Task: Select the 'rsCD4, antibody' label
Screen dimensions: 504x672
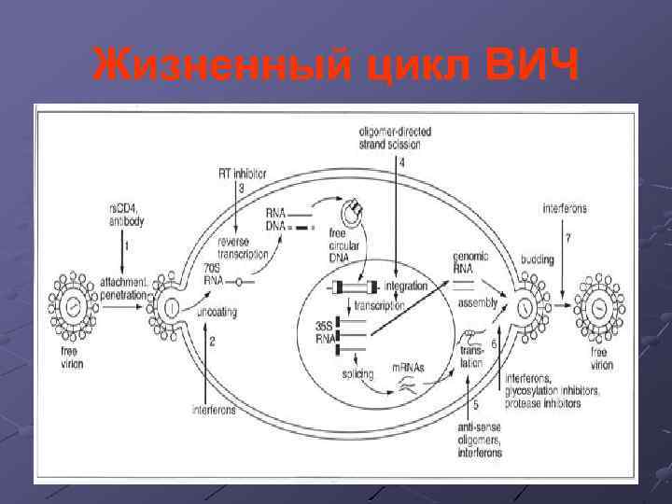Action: click(x=123, y=215)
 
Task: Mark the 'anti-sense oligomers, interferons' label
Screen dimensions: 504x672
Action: click(x=480, y=439)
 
